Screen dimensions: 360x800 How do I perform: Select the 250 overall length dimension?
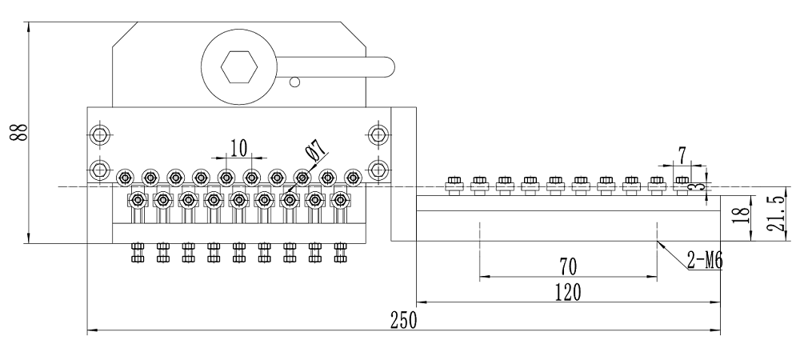click(402, 320)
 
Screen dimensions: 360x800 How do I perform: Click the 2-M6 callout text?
click(705, 258)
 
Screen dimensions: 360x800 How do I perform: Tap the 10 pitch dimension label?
click(238, 147)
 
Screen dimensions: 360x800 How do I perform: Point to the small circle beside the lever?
click(294, 81)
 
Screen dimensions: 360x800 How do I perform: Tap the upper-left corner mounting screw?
click(99, 134)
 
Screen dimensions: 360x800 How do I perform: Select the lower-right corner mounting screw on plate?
click(378, 169)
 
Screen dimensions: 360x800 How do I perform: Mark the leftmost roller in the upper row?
click(124, 178)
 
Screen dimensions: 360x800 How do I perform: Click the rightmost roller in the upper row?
click(352, 178)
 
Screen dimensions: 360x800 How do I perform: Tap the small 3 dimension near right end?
click(702, 186)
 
